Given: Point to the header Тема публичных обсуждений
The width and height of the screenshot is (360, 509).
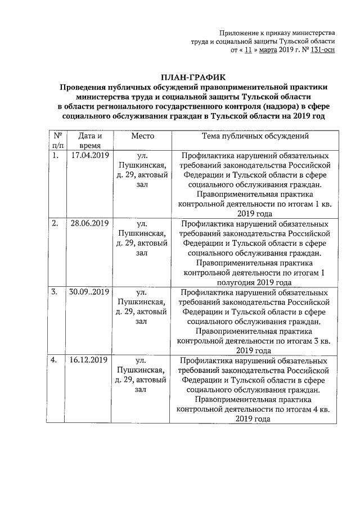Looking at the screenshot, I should click(x=255, y=136).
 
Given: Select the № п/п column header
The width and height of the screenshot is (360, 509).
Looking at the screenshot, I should click(x=57, y=141).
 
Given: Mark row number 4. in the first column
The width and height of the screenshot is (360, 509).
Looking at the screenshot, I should click(x=55, y=360).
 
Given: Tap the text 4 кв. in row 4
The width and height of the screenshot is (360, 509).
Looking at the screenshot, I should click(x=323, y=409).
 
